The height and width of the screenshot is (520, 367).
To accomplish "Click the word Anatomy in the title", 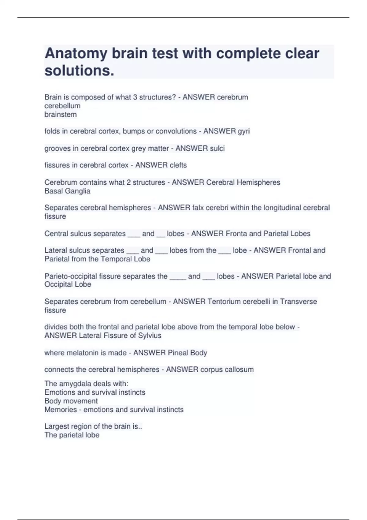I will [76, 54].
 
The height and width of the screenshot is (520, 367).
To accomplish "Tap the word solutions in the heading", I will [79, 71].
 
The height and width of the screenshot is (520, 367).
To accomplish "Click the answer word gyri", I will [243, 131].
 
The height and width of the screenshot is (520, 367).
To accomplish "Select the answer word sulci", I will [217, 148].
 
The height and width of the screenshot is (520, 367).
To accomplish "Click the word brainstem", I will [61, 114].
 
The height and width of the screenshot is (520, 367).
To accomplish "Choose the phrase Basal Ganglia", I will [67, 191].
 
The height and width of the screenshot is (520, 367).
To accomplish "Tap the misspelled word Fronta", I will [236, 234].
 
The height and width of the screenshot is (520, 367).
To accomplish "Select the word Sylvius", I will [150, 336].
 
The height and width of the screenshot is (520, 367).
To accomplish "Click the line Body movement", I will [71, 401].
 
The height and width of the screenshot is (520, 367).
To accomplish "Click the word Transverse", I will [298, 302].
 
